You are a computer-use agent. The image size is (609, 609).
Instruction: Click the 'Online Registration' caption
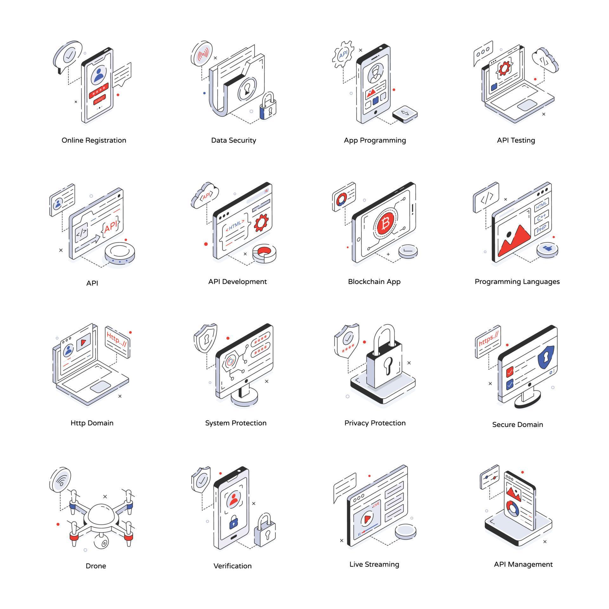pyautogui.click(x=94, y=140)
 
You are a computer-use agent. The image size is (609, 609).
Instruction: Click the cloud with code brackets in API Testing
pyautogui.click(x=545, y=61)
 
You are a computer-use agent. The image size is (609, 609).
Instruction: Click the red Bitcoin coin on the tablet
pyautogui.click(x=386, y=224)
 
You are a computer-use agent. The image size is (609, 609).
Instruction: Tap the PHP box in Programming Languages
pyautogui.click(x=541, y=228)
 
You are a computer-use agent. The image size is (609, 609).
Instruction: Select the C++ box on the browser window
pyautogui.click(x=541, y=217)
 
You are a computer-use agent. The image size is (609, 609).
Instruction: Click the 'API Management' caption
pyautogui.click(x=523, y=564)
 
